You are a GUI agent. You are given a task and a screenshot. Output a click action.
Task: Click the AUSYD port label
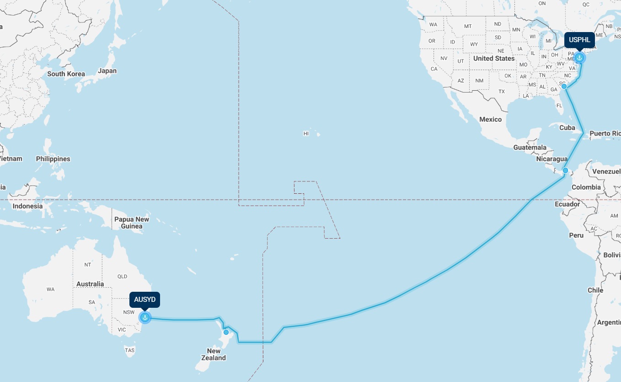pos(145,300)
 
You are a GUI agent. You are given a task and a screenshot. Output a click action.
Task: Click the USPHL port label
pos(579,40)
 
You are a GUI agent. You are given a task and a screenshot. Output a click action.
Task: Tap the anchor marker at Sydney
pos(145,317)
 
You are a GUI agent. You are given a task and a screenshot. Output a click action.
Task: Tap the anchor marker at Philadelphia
pos(579,58)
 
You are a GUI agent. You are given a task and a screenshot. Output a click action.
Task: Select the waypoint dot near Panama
pos(565,170)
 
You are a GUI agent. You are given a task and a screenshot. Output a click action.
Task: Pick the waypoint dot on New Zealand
pos(226,332)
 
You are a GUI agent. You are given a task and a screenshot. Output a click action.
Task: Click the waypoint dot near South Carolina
pos(564,86)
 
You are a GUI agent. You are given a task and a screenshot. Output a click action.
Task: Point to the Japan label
pos(107,71)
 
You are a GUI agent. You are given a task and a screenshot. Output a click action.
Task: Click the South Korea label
pos(66,74)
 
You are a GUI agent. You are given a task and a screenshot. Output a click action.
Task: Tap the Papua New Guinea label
pos(132,223)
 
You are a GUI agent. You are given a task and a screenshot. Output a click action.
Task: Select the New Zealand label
pos(214,355)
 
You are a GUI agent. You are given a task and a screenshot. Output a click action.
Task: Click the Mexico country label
pos(490,119)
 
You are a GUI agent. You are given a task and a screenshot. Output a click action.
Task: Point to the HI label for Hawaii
pos(306,134)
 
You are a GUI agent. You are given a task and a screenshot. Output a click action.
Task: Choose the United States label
pos(494,58)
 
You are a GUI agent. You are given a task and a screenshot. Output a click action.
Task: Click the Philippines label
pos(53,159)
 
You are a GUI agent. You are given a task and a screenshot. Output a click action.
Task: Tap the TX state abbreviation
pos(502,91)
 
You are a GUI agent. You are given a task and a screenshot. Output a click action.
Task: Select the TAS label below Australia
pos(130,350)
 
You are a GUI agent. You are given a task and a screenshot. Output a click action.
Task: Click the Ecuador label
pos(567,204)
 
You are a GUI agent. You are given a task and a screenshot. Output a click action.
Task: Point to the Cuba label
pos(567,127)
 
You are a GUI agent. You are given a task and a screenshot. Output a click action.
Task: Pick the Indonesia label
pos(27,206)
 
